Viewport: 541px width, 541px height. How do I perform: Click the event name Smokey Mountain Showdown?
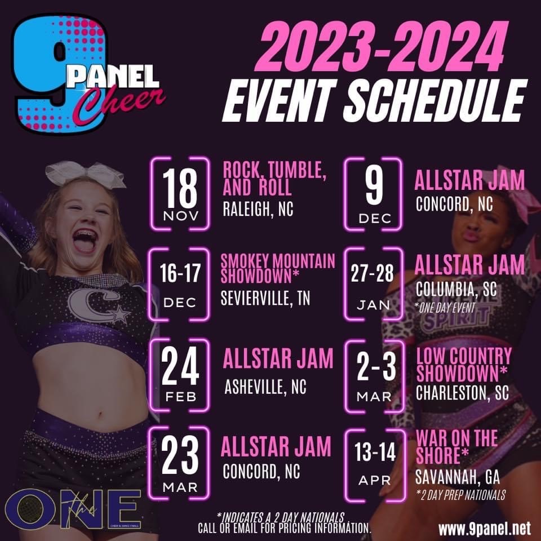(278, 269)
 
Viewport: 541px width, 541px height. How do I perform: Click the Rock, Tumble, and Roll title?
(274, 179)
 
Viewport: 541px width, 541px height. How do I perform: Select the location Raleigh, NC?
(258, 209)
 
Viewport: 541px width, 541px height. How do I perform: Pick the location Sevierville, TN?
(265, 298)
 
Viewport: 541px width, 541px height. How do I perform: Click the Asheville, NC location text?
(265, 387)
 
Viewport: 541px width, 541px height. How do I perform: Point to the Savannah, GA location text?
(458, 477)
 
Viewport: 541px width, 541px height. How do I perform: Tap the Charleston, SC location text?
(462, 392)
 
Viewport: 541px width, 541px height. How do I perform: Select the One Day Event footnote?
(445, 308)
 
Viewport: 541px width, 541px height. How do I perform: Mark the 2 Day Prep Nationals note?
(461, 495)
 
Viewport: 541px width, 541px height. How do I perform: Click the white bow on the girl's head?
(85, 175)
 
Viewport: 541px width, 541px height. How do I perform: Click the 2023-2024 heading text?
(382, 46)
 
